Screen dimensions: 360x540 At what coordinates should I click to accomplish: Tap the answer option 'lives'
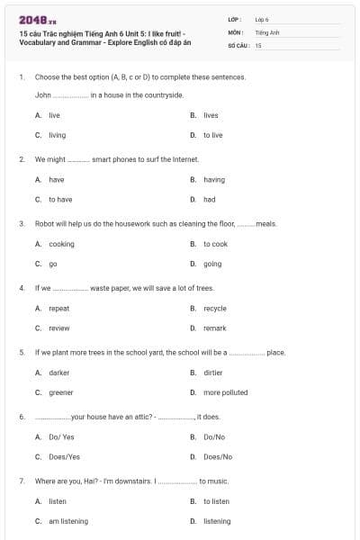click(x=211, y=115)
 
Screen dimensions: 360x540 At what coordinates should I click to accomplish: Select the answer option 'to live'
click(x=212, y=135)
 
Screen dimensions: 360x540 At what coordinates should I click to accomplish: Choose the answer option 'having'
click(x=214, y=179)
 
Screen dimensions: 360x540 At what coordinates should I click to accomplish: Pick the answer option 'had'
click(x=209, y=199)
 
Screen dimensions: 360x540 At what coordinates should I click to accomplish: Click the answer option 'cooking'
click(x=61, y=244)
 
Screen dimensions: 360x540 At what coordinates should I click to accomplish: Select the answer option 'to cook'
click(x=215, y=244)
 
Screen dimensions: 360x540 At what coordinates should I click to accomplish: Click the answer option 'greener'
click(x=61, y=392)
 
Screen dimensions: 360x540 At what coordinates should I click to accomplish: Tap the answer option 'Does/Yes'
click(x=64, y=456)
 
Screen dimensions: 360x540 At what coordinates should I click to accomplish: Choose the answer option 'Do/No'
click(x=213, y=436)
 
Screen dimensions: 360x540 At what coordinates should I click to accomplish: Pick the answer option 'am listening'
click(x=68, y=521)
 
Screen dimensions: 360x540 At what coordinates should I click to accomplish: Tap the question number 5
click(x=22, y=352)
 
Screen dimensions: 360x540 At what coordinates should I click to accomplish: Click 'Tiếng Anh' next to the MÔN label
click(x=262, y=31)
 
